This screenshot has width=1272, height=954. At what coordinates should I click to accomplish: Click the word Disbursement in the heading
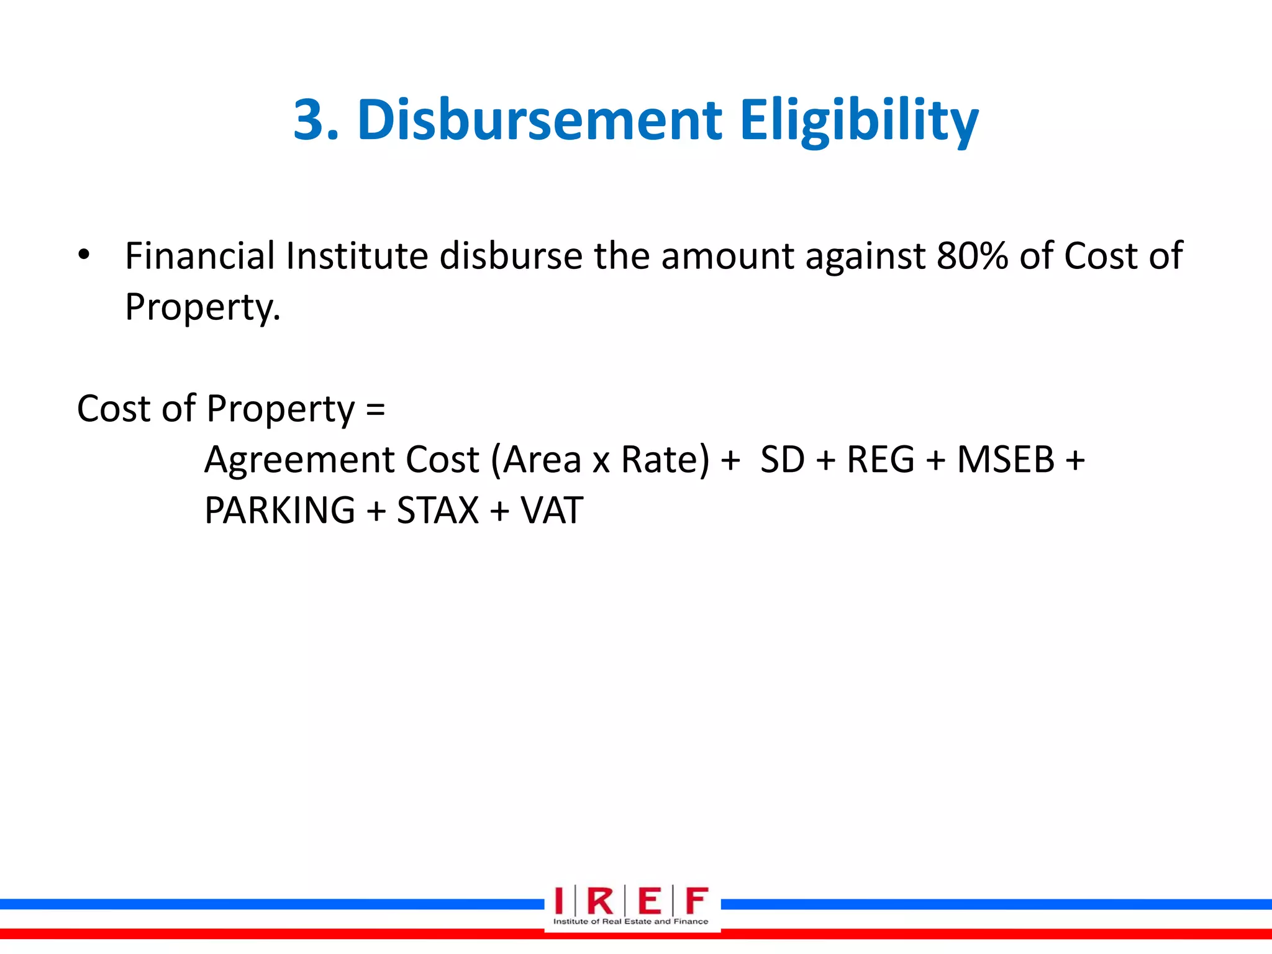pyautogui.click(x=539, y=119)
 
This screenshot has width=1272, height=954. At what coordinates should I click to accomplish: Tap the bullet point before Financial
pyautogui.click(x=84, y=255)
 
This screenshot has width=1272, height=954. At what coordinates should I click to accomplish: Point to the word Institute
pyautogui.click(x=357, y=255)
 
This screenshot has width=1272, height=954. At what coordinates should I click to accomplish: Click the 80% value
pyautogui.click(x=972, y=255)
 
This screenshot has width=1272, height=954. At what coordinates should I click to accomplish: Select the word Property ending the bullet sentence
pyautogui.click(x=202, y=307)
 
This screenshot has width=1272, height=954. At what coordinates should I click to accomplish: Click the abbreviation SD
pyautogui.click(x=782, y=460)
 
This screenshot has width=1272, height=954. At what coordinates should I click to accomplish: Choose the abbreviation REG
pyautogui.click(x=881, y=460)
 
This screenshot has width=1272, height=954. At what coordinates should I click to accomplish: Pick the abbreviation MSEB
pyautogui.click(x=1006, y=460)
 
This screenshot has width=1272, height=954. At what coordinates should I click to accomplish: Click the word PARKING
pyautogui.click(x=279, y=511)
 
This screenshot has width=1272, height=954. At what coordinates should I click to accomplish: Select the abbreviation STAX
pyautogui.click(x=438, y=511)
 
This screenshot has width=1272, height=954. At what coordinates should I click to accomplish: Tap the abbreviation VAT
pyautogui.click(x=552, y=511)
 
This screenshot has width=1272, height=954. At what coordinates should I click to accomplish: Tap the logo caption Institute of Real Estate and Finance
pyautogui.click(x=630, y=922)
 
